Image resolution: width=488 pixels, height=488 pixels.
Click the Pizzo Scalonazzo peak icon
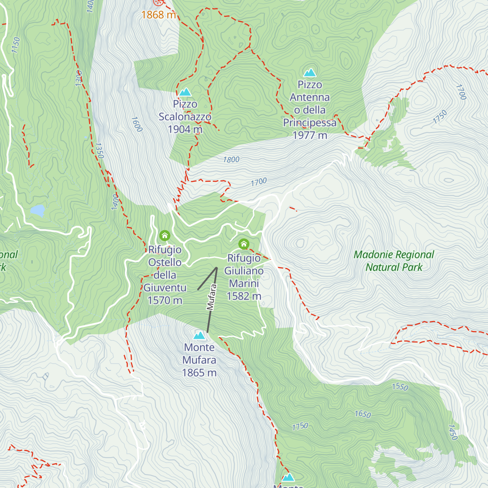coord(185,92)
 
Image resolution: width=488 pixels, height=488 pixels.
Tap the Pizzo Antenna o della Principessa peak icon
coord(310,73)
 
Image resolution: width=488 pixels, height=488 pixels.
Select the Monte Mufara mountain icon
coord(199,335)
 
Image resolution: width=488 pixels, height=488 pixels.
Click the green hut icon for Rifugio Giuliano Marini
coord(244,244)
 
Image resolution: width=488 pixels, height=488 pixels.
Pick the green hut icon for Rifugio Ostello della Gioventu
coord(164,235)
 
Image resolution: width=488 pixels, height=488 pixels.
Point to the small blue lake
coord(37,210)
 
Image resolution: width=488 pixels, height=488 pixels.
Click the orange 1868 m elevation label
coord(159,15)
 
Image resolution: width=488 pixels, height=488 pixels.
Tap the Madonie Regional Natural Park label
coord(394,261)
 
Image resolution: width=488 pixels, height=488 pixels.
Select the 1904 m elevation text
coord(185,129)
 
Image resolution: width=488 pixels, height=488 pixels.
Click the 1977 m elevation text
coord(310,135)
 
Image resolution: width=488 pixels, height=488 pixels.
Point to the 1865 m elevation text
coord(199,373)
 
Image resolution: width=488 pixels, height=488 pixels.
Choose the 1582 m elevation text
coord(244,296)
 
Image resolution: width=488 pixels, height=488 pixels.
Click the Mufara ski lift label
coord(212,297)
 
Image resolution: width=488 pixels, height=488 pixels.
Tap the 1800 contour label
coord(231,160)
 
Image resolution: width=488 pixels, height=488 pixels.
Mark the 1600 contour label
coord(137,124)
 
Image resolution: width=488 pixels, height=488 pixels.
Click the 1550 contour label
coord(400,386)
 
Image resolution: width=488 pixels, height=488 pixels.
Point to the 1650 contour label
coord(363,414)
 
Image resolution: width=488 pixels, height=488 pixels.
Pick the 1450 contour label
coord(453,432)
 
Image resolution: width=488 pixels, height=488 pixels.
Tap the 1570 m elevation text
coord(165,301)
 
